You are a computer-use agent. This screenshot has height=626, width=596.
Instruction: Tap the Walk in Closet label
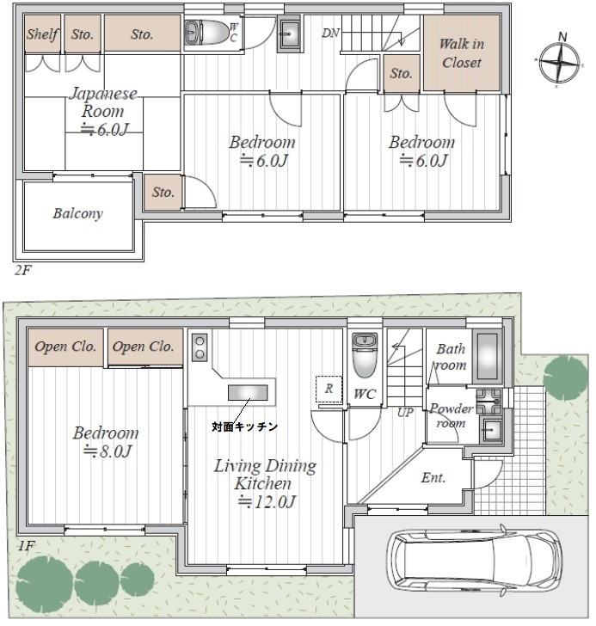pos(462,53)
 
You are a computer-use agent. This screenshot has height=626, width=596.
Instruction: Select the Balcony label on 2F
pos(78,213)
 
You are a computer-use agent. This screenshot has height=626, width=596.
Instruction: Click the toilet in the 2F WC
pos(206,33)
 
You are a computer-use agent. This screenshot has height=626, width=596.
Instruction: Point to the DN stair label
pos(330,33)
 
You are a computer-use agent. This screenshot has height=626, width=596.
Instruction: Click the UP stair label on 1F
pos(405,412)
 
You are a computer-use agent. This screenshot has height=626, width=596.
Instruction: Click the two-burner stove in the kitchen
pos(200,347)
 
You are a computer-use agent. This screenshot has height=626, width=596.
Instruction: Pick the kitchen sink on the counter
pos(248,393)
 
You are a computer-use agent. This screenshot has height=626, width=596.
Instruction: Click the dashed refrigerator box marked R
pos(329,389)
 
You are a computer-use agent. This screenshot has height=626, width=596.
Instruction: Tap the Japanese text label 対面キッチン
pos(244,427)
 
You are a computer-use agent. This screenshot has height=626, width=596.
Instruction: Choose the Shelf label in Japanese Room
pos(42,34)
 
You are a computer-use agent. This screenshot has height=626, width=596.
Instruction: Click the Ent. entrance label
pos(433,477)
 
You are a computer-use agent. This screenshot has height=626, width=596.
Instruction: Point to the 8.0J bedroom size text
pos(108,451)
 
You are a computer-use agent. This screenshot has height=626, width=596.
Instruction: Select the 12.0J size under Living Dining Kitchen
pos(267,501)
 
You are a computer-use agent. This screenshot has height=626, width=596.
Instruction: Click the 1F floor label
pos(26,546)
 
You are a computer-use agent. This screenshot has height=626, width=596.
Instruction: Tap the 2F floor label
pos(22,270)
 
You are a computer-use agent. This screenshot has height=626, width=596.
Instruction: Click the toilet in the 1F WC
pos(364,355)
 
